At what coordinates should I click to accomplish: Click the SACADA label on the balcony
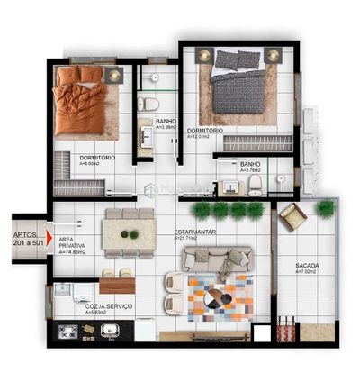coord(306,266)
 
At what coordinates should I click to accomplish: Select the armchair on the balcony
coord(292,216)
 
